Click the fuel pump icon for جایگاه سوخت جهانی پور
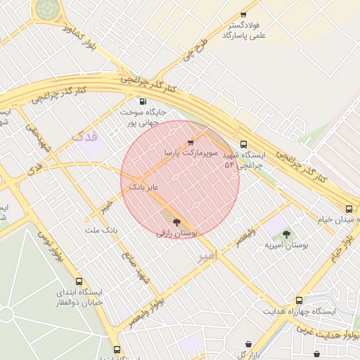[x=143, y=101]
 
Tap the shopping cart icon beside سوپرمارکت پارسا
[x=191, y=142]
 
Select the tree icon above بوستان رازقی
[x=176, y=222]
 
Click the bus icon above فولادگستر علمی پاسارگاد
[x=243, y=14]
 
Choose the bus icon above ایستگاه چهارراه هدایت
[x=299, y=300]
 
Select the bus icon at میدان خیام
[x=349, y=208]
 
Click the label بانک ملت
[x=101, y=230]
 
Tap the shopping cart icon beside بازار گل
[x=248, y=345]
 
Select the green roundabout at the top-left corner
[x=48, y=8]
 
